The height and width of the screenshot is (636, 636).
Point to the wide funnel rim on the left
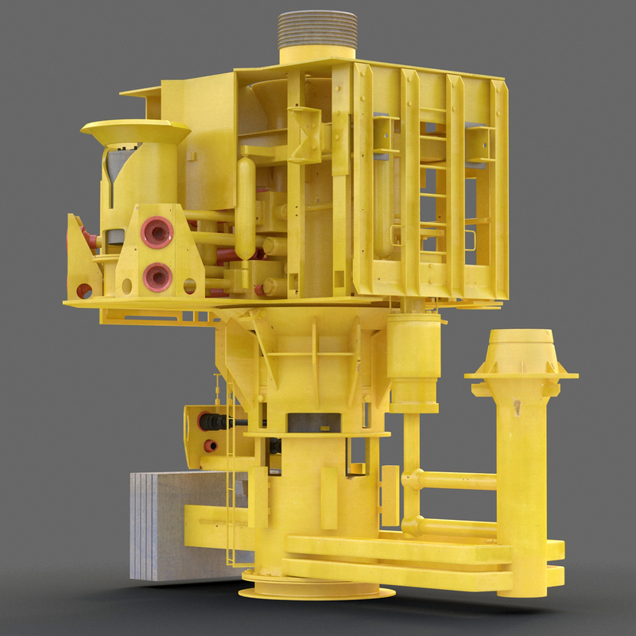135,130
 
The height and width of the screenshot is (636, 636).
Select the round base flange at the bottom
318,589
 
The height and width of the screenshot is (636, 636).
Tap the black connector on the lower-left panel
215,421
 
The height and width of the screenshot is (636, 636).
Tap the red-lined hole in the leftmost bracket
83,290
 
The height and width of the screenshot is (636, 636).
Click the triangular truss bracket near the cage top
305,135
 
